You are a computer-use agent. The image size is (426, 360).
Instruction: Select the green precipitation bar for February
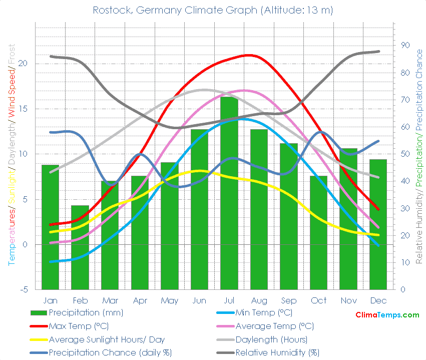(x=80, y=248)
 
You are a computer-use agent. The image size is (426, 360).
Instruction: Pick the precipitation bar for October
(x=318, y=233)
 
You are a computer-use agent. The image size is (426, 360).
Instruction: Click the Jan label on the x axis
(x=50, y=300)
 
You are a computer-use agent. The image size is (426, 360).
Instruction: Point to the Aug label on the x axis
(x=259, y=300)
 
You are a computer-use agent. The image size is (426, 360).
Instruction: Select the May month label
(x=170, y=300)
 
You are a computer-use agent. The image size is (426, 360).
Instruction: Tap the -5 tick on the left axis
(x=25, y=289)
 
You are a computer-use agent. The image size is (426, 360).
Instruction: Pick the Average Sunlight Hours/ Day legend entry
(x=106, y=339)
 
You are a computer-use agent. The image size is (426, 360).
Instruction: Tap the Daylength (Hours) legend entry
(x=271, y=339)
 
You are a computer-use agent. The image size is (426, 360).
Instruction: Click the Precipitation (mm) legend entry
(x=86, y=313)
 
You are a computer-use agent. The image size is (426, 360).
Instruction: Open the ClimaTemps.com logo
(x=387, y=315)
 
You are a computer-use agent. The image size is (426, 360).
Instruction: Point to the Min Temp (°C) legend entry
(x=264, y=313)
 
